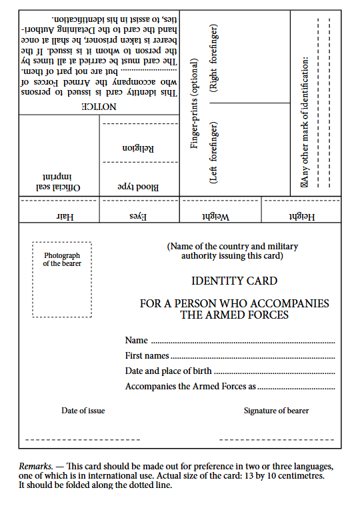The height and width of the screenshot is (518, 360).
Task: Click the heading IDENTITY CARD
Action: (234, 281)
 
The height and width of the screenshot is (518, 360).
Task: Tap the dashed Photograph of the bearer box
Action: (62, 279)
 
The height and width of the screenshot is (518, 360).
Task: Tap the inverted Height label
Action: (302, 217)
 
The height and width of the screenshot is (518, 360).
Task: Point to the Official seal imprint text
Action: (59, 183)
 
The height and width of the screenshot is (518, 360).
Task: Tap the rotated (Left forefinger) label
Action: (214, 152)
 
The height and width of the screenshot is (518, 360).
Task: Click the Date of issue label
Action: (83, 411)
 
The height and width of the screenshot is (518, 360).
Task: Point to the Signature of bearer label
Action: (276, 411)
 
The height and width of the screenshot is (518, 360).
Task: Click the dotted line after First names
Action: (252, 357)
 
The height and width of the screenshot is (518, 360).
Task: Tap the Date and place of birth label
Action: (168, 371)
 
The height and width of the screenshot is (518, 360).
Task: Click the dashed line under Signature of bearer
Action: (276, 440)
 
